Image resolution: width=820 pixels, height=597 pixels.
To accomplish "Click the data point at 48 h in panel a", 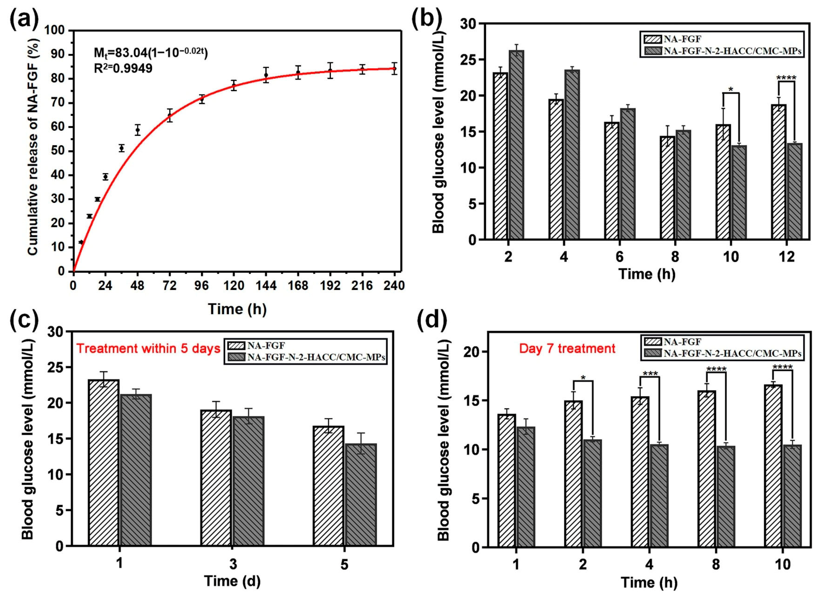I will tap(137, 130).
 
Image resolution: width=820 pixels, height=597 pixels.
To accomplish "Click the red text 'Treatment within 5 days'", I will tap(148, 349).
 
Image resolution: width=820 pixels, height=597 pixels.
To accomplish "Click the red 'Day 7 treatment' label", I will tap(567, 348).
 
